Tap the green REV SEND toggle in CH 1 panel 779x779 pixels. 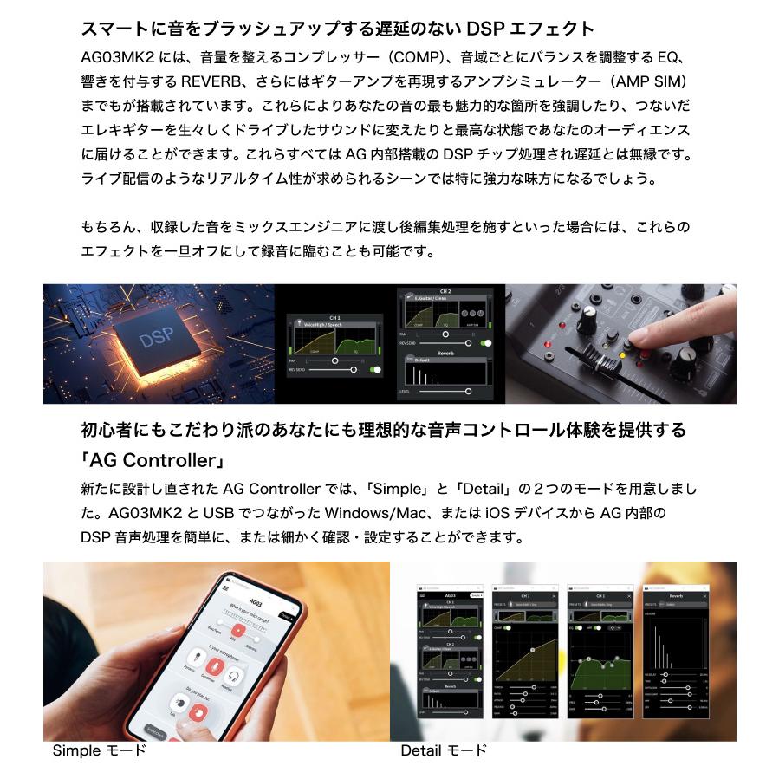point(375,369)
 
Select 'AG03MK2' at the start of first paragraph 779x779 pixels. point(110,59)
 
